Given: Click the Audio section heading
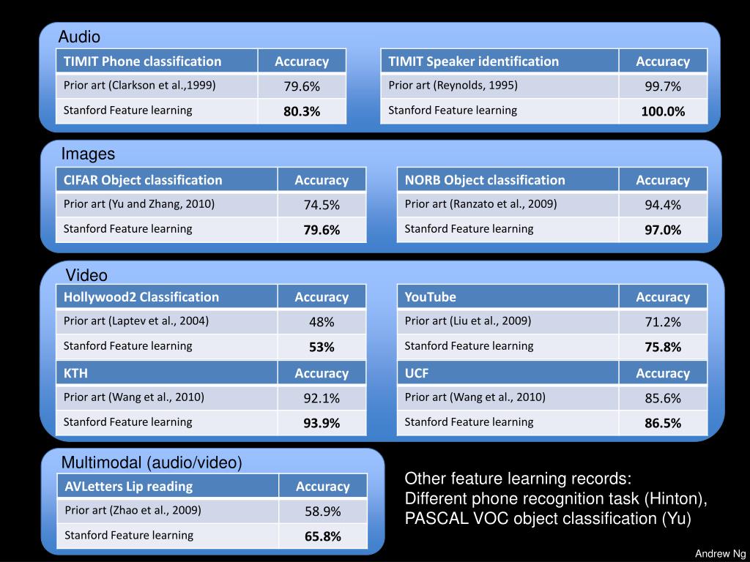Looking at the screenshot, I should (x=79, y=37).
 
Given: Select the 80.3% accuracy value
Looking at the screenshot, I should (x=302, y=111).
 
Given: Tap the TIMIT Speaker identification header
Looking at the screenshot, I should (x=473, y=61).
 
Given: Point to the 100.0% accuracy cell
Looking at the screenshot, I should (x=663, y=111).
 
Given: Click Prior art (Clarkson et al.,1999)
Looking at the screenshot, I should (x=140, y=85).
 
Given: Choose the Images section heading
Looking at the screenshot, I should (x=88, y=154).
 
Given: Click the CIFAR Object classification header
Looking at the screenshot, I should (x=143, y=180).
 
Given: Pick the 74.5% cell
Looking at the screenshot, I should (x=322, y=205).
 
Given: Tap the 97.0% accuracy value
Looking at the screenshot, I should (x=663, y=230).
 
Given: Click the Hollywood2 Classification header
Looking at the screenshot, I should (x=141, y=297).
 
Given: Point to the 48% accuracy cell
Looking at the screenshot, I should (x=322, y=322).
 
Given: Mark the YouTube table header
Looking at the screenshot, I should (x=431, y=297).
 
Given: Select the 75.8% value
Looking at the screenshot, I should (x=663, y=347).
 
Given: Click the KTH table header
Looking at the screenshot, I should (x=75, y=373).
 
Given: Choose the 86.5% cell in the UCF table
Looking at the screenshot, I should (x=663, y=423).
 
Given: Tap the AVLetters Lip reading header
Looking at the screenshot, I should (x=129, y=487).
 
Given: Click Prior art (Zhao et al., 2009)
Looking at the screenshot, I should (x=133, y=510).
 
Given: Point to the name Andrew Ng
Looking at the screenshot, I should (x=720, y=553).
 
